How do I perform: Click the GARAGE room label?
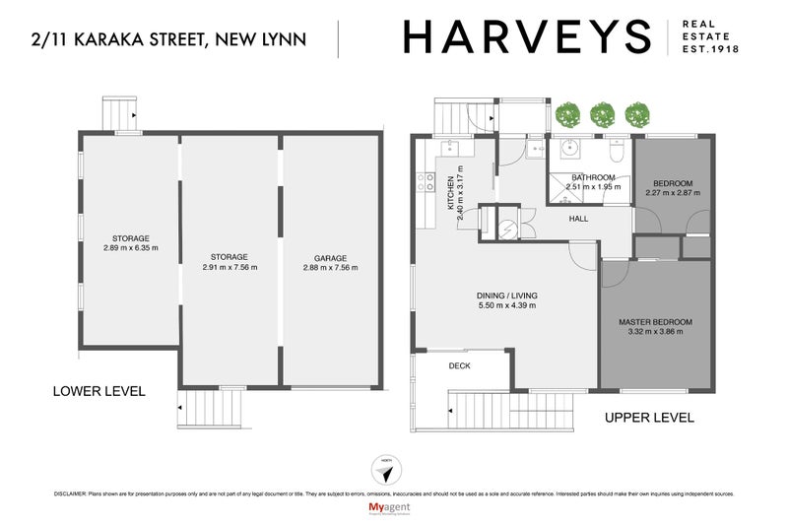[330, 256]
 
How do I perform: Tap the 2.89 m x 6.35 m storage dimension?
[130, 248]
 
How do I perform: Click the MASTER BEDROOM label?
[655, 322]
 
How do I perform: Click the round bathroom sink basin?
[569, 151]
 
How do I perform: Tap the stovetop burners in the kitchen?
[426, 182]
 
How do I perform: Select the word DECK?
[459, 365]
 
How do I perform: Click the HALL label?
[578, 219]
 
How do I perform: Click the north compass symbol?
[385, 471]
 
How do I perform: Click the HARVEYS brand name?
[527, 37]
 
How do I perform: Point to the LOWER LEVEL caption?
[98, 391]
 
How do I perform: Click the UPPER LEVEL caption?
[649, 418]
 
